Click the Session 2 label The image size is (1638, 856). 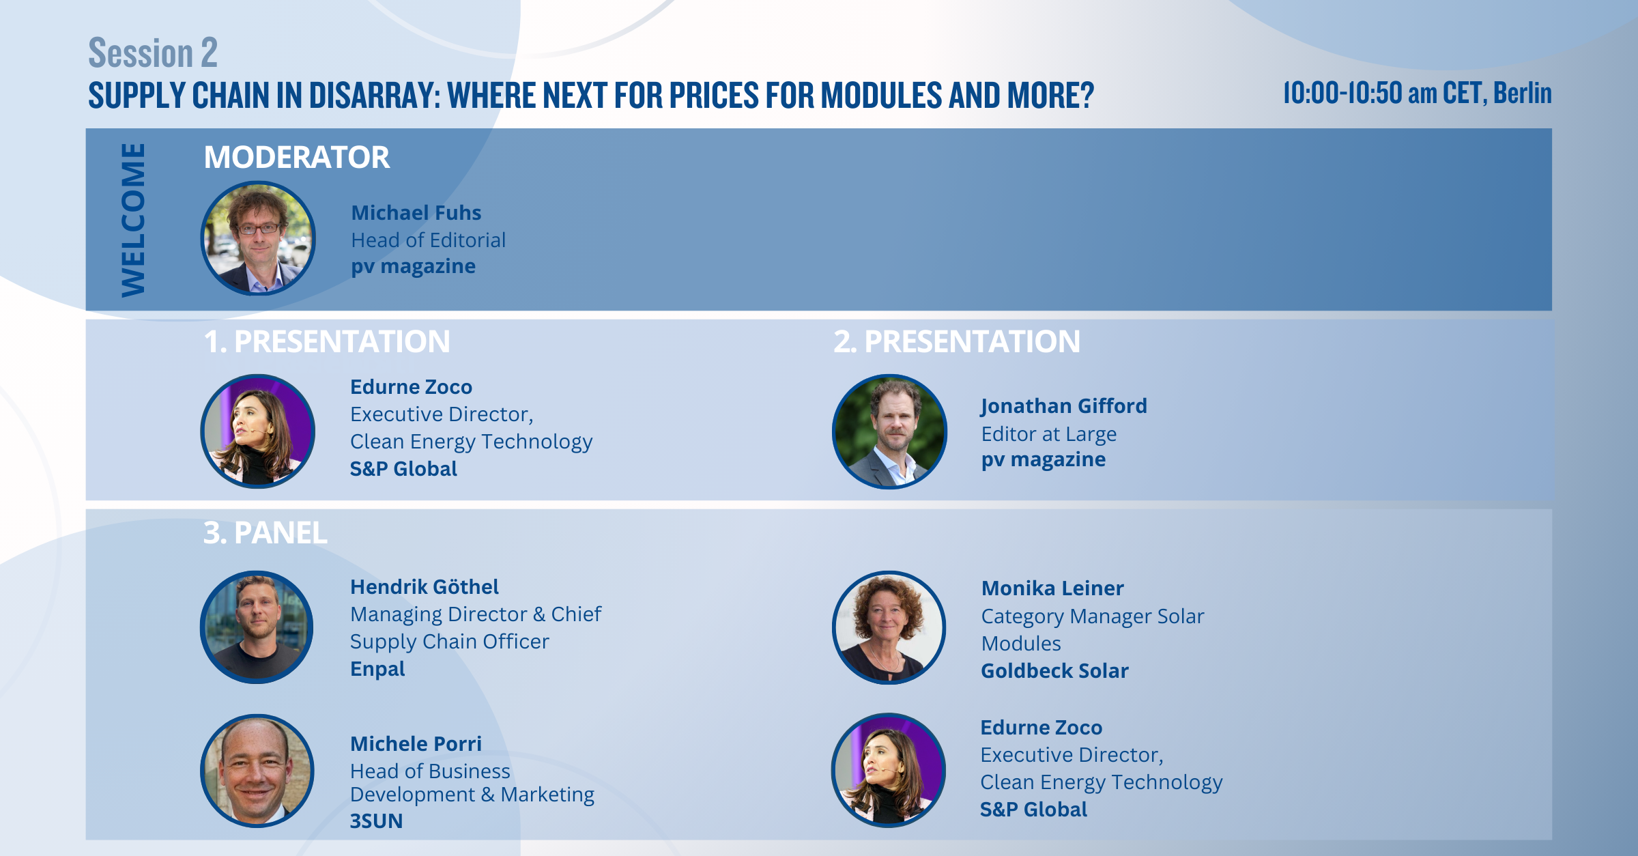pos(153,53)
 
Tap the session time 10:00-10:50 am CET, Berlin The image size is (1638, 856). pos(1417,94)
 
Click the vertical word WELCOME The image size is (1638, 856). pos(133,220)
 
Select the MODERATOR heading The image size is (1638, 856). pos(297,157)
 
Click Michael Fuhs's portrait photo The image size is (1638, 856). pos(258,238)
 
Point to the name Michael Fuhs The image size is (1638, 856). pos(416,213)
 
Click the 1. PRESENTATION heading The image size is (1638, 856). pos(327,341)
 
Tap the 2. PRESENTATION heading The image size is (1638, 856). pos(957,341)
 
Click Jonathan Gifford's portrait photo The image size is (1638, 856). pos(889,431)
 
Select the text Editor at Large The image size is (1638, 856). pos(1049,434)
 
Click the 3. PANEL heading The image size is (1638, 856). pos(265,532)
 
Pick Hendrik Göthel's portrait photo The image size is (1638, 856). pos(257,627)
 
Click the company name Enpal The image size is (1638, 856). pos(377,669)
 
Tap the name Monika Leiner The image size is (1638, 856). pos(1052,588)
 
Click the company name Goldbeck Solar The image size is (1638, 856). pos(1054,671)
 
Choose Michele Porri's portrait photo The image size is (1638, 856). pos(257,771)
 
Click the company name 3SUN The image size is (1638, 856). pos(376,821)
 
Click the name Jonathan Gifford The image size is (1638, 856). pos(1064,406)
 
